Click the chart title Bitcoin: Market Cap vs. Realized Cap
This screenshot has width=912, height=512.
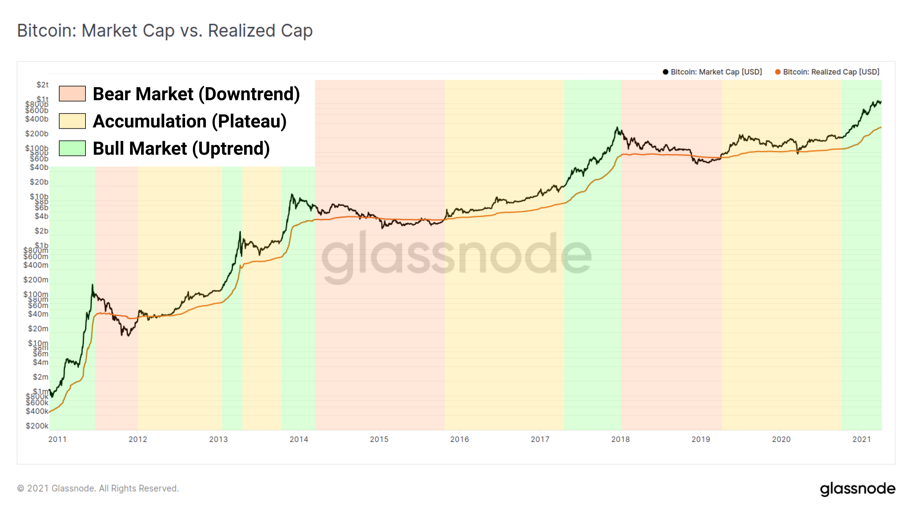[x=165, y=31]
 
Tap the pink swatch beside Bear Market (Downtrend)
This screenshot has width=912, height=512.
[x=72, y=94]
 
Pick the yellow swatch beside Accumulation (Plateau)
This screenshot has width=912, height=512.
[x=72, y=121]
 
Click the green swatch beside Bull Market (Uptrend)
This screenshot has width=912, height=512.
[x=72, y=148]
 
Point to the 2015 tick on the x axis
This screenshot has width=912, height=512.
[x=379, y=439]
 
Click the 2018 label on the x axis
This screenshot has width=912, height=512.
[x=620, y=439]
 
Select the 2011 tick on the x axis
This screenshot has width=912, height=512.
[x=57, y=439]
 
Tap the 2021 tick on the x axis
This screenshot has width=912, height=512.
[x=861, y=439]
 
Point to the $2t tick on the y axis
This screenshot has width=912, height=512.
[x=42, y=85]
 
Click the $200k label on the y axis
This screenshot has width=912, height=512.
[x=37, y=426]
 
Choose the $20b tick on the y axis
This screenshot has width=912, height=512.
[x=39, y=182]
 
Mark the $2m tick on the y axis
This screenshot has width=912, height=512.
[x=40, y=377]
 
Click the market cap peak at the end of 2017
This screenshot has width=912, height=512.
[x=617, y=127]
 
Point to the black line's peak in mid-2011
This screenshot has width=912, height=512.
[x=93, y=285]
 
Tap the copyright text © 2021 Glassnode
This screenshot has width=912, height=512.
[x=98, y=488]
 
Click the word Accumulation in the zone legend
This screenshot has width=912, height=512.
[x=149, y=121]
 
